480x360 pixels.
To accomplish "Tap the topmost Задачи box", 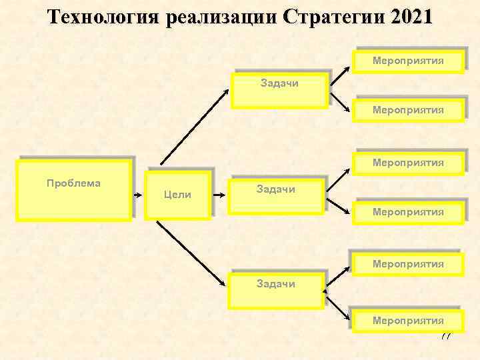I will (x=279, y=89).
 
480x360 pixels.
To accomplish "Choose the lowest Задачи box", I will (x=276, y=289).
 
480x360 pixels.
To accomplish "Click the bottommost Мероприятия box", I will (x=408, y=321).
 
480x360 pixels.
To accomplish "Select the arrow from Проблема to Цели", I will (x=139, y=196).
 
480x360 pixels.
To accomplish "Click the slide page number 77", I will (x=445, y=335).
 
